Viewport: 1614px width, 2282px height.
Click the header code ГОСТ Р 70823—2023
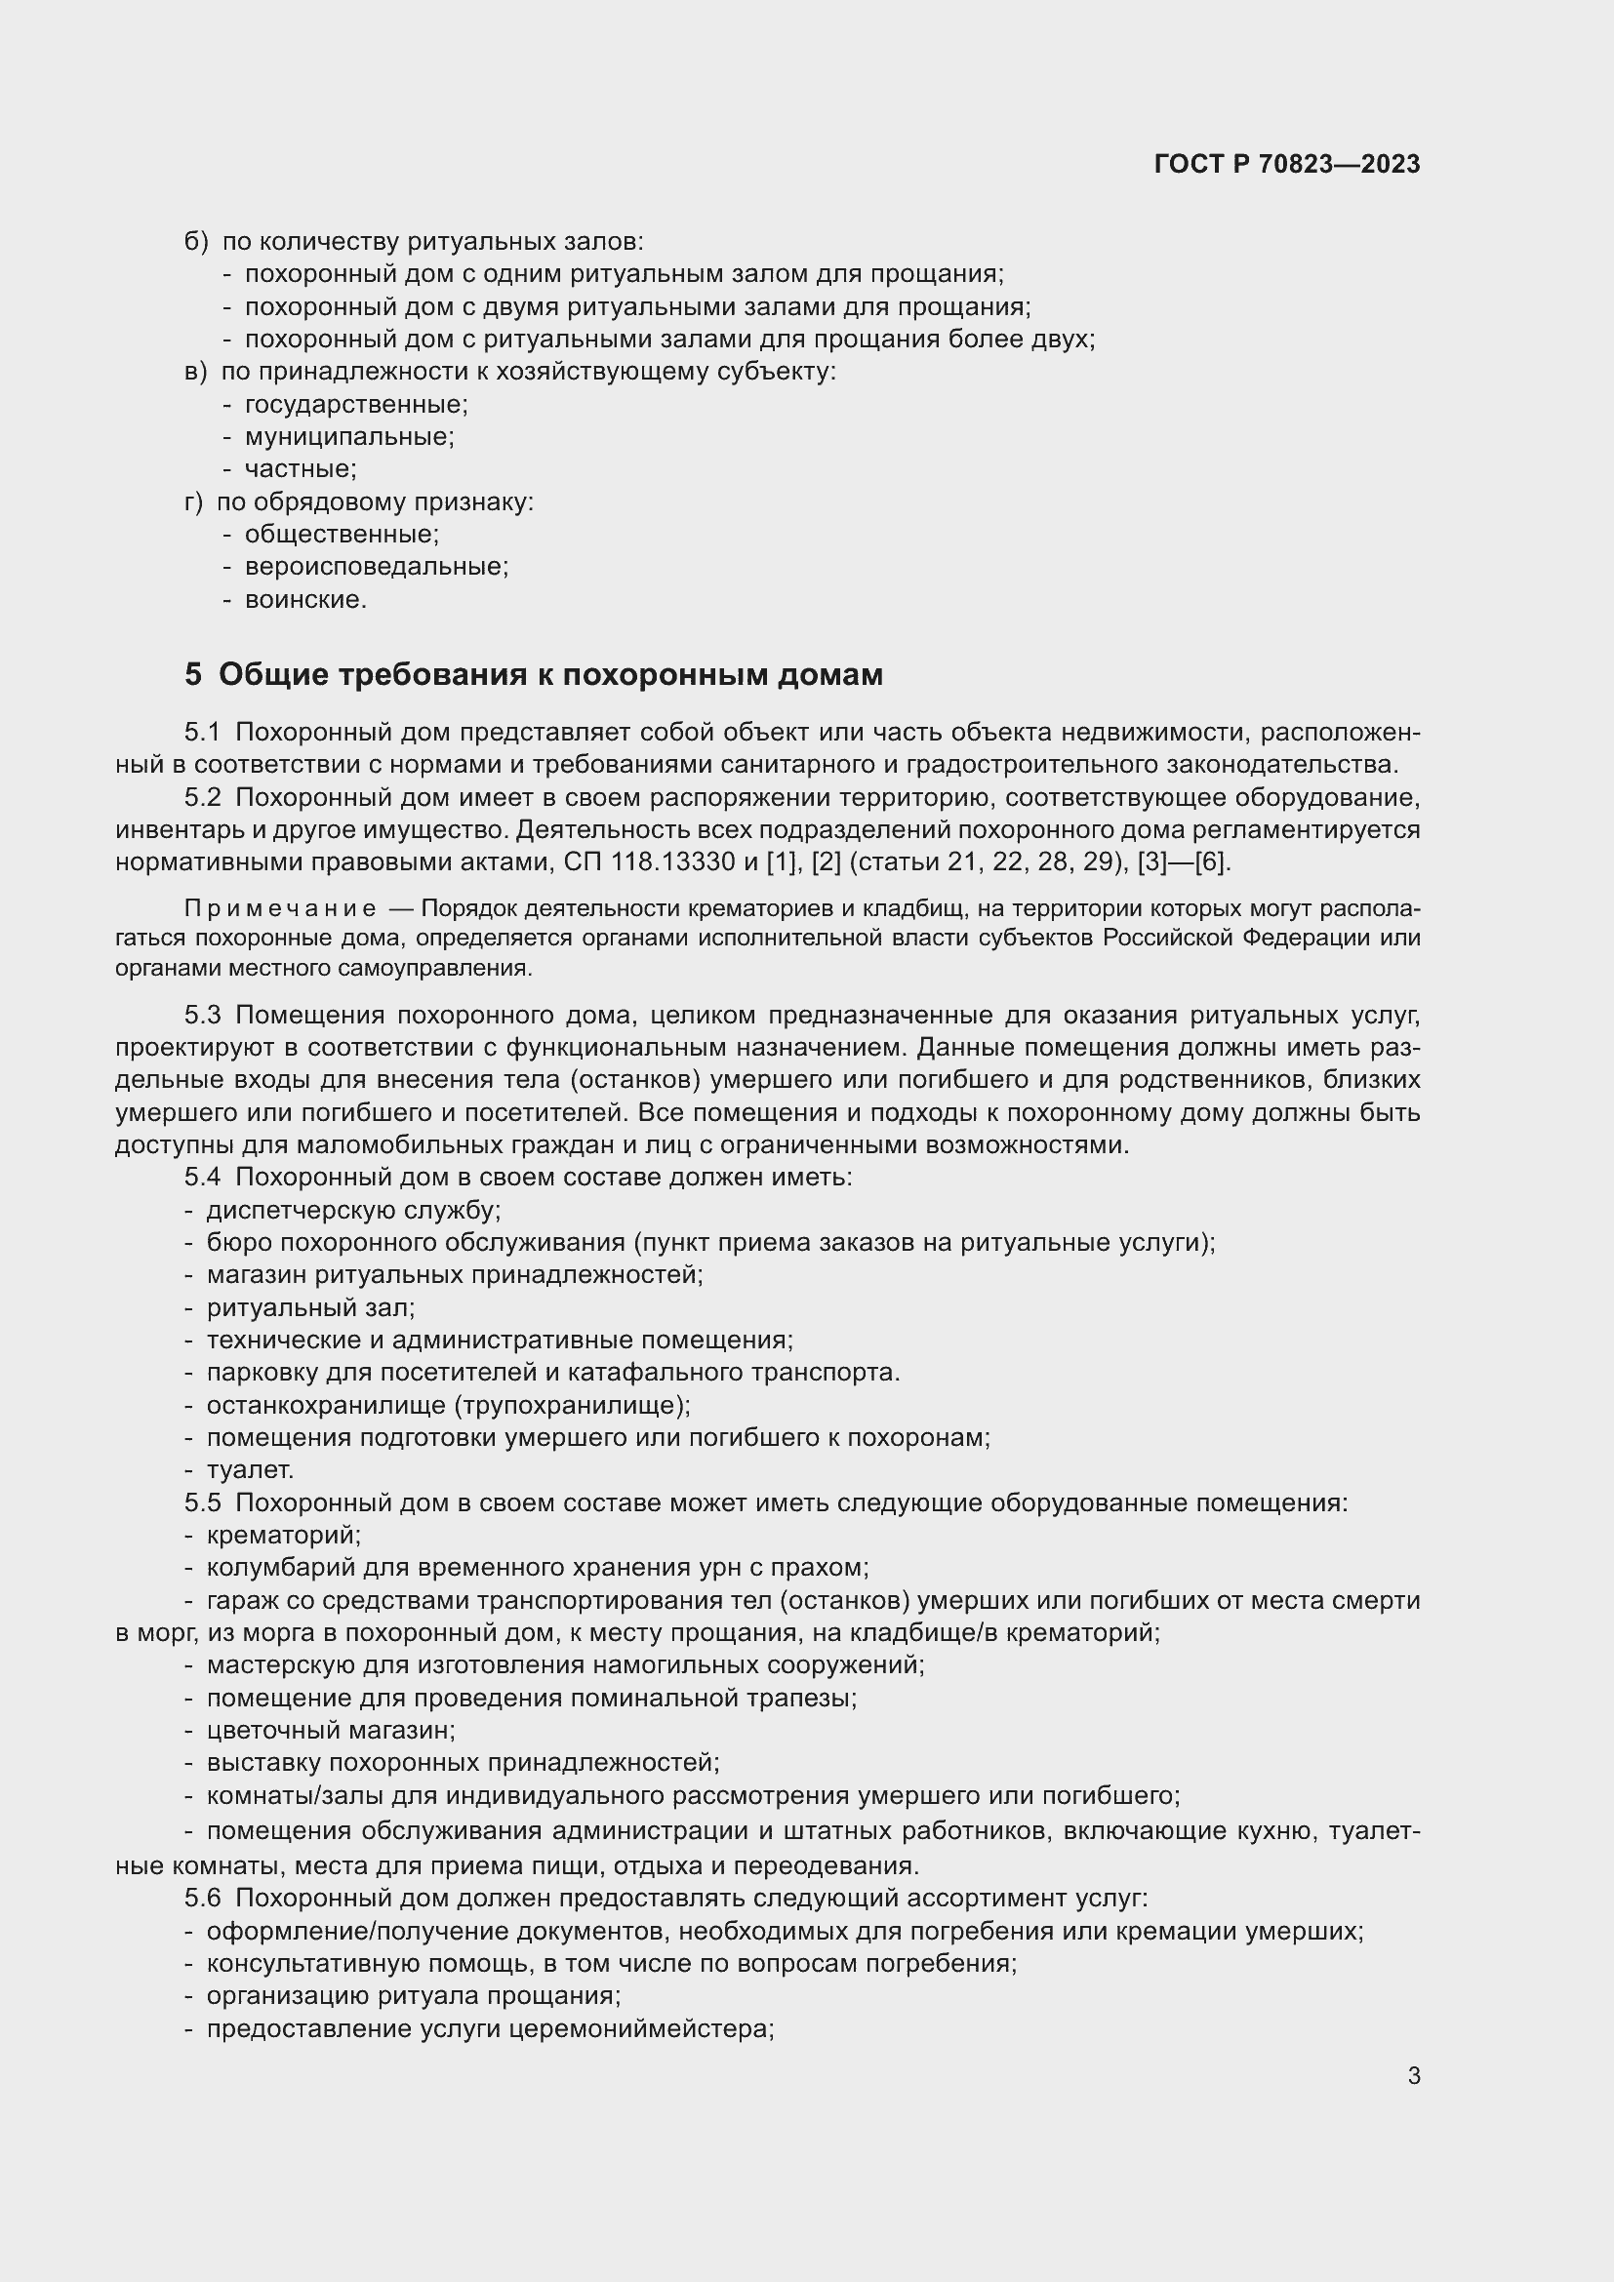coord(1287,164)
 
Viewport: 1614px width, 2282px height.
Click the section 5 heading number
coord(193,675)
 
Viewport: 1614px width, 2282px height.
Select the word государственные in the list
coord(356,405)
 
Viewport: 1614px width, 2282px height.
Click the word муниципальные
coord(348,437)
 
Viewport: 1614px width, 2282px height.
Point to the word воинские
coord(305,600)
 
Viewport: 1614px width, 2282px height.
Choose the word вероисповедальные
coord(376,568)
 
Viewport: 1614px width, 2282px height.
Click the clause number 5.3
coord(202,1015)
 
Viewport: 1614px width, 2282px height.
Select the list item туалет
coord(250,1470)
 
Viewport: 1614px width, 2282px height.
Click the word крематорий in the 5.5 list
coord(283,1536)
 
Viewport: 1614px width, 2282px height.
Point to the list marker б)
coord(196,242)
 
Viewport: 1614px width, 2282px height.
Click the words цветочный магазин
coord(330,1731)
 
